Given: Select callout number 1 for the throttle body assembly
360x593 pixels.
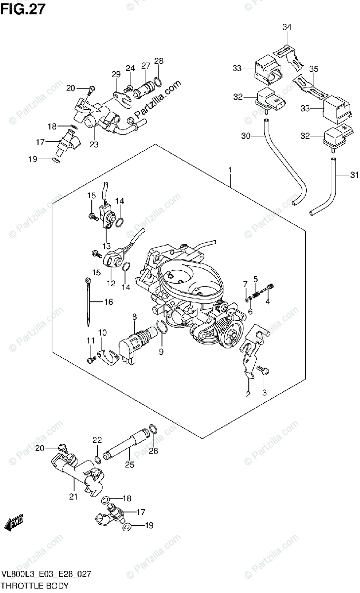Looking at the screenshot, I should [230, 170].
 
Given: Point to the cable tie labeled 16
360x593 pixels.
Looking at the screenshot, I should [87, 301].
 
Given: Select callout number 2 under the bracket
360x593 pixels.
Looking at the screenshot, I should [248, 394].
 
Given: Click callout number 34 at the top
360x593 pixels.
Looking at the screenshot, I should [287, 27].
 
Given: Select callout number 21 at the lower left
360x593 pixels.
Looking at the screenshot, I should [73, 497].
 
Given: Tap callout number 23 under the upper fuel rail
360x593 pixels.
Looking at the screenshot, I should [94, 145].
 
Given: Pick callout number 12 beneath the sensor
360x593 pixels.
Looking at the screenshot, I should [111, 284].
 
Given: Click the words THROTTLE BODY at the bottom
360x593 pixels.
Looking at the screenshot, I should [35, 586].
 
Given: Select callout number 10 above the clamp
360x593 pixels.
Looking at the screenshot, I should [102, 332].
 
